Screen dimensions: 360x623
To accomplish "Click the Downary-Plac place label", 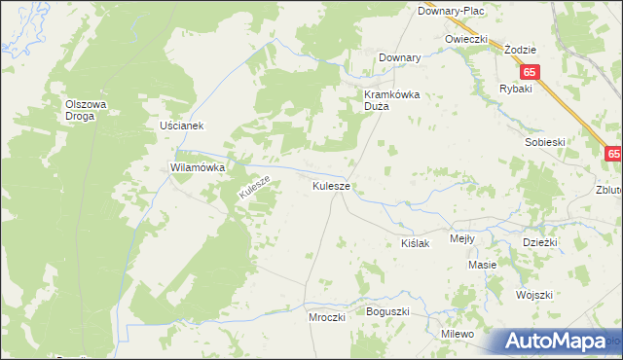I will coord(451,10).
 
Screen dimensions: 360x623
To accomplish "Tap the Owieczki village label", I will coord(465,38).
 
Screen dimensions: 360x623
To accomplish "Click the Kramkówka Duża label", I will coord(390,101).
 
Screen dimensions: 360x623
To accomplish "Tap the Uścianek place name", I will coord(180,126).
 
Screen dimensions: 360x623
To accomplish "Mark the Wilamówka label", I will coord(198,167).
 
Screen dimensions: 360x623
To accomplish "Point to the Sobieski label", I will coord(545,142).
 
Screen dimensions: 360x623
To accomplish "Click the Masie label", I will coord(482,265).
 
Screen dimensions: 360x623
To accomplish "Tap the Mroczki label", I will coord(327,317).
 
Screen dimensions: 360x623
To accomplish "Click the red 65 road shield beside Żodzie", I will coord(530,72).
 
